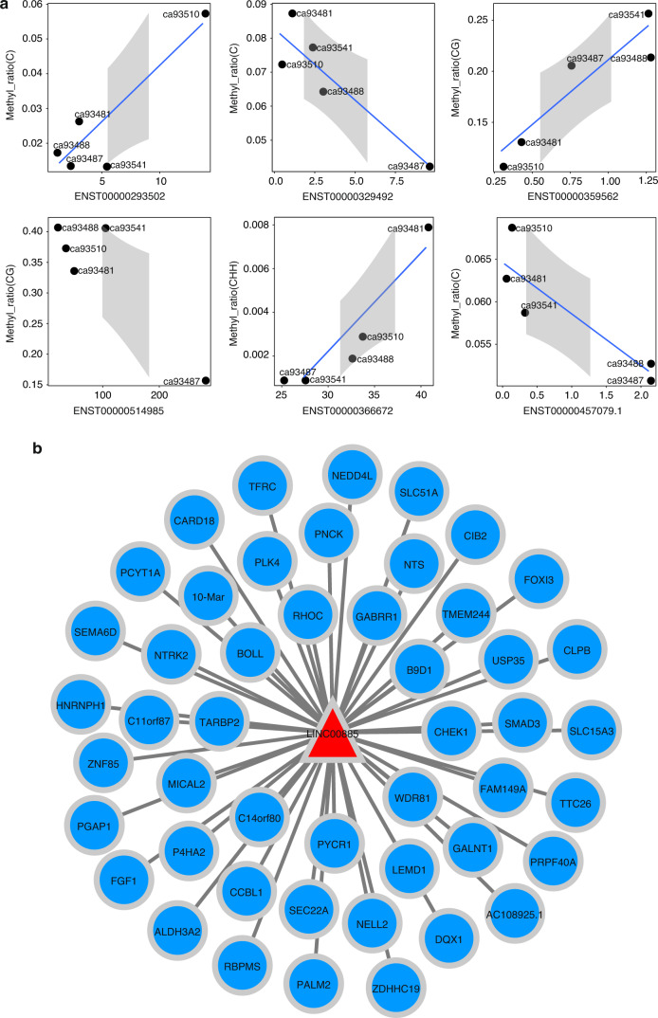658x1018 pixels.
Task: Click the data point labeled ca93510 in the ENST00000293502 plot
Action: (x=206, y=14)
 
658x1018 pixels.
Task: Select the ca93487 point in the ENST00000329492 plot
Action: (x=430, y=166)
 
